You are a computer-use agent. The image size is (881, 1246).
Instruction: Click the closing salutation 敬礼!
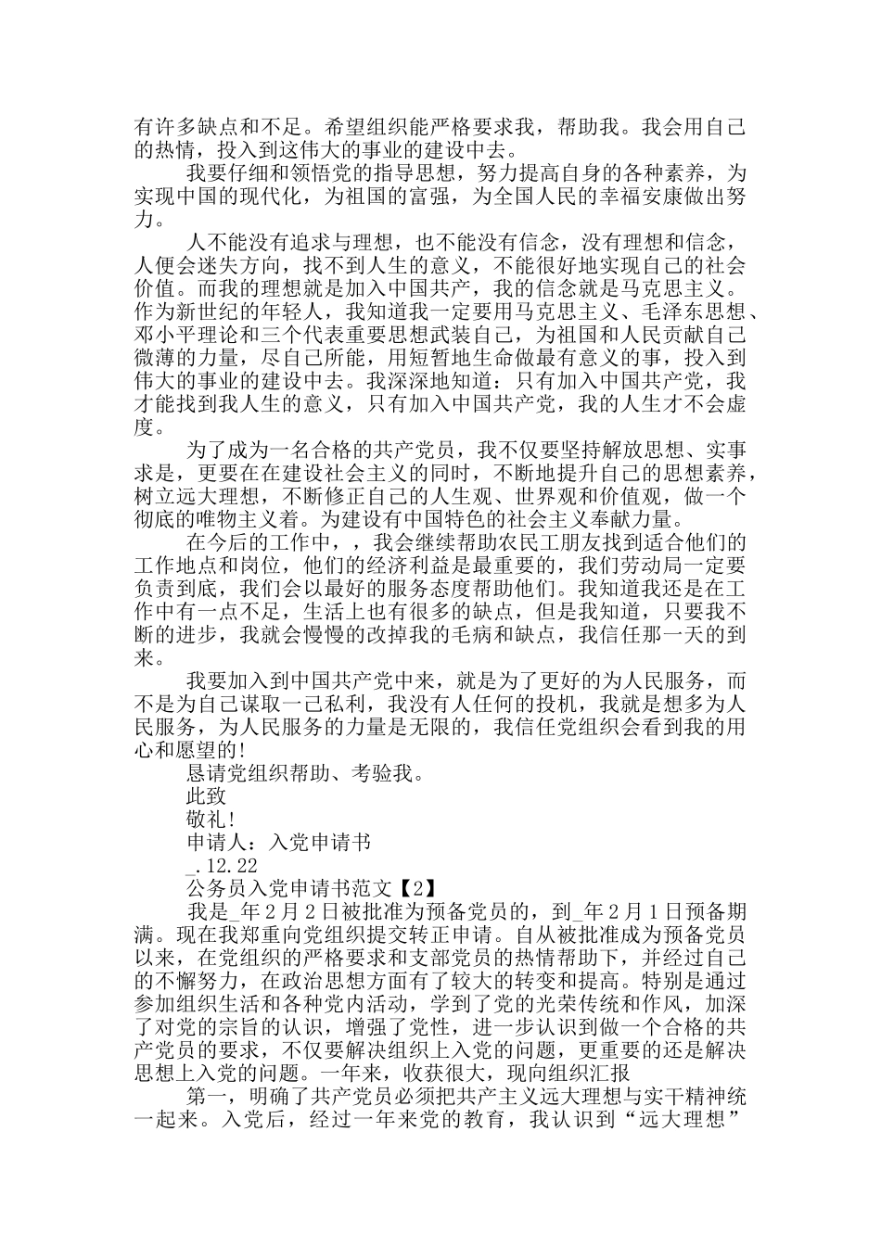tap(211, 819)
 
